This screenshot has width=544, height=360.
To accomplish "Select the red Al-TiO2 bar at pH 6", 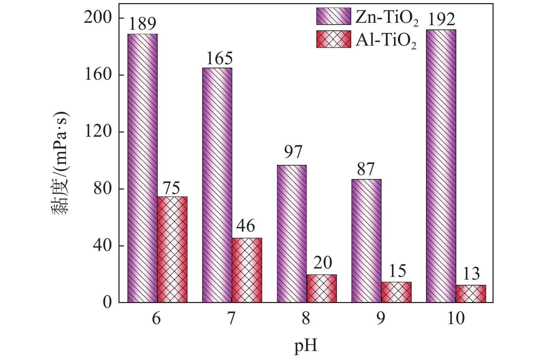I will [172, 250].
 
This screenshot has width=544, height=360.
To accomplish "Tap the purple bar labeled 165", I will [217, 185].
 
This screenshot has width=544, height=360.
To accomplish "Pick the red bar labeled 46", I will [247, 270].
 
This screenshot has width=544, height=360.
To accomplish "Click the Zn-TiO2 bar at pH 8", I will [292, 234].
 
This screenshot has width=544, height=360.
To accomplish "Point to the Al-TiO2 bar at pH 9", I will [396, 292].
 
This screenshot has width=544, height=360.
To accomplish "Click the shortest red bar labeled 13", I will [471, 294].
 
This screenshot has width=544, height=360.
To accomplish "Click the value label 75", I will [172, 188].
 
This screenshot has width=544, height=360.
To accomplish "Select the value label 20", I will [323, 263].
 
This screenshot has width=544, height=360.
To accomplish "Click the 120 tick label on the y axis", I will [98, 132].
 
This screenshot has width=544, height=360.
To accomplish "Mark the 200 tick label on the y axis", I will [98, 18].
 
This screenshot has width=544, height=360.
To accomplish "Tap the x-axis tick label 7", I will [231, 319].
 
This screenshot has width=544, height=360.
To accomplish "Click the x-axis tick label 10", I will [456, 319].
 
